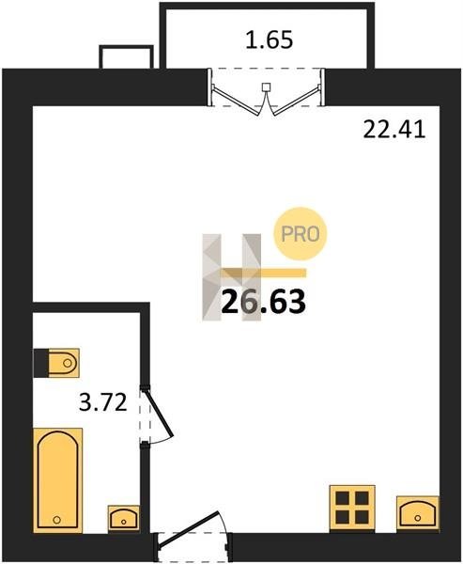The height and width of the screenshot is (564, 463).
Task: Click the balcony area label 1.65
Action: (270, 39)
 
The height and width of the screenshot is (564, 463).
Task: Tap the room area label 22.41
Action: (394, 130)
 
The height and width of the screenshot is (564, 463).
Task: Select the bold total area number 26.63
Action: (264, 302)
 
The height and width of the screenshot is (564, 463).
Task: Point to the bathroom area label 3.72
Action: (103, 402)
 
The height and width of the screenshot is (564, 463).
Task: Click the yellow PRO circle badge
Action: (301, 234)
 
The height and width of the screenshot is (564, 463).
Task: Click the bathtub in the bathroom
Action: (58, 480)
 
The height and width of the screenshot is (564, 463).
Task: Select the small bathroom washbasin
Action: (124, 518)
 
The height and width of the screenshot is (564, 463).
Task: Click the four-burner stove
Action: (352, 508)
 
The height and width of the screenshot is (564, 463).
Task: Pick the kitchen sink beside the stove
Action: (418, 513)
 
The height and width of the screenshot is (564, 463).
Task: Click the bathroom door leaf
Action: (159, 413)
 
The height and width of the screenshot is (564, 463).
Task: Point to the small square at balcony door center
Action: (266, 86)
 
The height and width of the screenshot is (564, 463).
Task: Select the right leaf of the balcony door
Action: (296, 100)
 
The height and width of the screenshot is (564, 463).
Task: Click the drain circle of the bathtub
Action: (56, 520)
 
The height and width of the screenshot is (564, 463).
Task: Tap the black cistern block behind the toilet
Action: (41, 363)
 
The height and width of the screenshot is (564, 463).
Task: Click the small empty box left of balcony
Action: (126, 56)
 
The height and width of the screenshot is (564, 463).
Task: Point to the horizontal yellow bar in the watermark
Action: (264, 273)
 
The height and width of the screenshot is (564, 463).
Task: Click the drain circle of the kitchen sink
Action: (418, 518)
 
